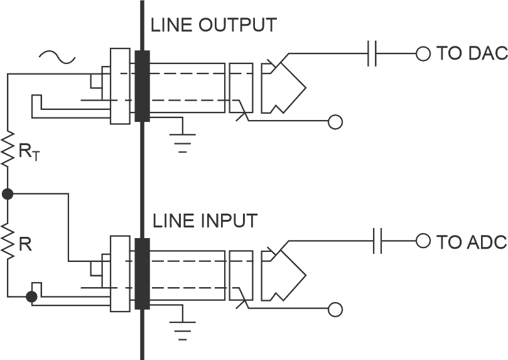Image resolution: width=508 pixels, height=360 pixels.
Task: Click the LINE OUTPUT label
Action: (x=213, y=26)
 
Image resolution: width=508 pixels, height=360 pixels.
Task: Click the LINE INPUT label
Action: (x=205, y=221)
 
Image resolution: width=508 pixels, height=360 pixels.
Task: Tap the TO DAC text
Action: (x=472, y=53)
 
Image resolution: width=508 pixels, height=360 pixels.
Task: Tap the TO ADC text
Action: (x=472, y=241)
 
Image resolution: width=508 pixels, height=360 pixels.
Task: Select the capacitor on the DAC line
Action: (x=372, y=53)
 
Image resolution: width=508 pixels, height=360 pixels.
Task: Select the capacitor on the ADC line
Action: (x=377, y=241)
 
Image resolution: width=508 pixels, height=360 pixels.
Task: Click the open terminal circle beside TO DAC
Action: (x=423, y=53)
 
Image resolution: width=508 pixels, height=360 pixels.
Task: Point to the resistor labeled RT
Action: (x=8, y=149)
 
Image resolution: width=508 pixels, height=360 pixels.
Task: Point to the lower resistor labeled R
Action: (x=8, y=242)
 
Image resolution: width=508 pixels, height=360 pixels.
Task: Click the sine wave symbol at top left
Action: (x=57, y=58)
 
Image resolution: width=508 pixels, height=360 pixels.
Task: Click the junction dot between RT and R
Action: (x=8, y=194)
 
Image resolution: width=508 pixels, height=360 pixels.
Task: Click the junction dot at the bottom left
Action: (x=31, y=297)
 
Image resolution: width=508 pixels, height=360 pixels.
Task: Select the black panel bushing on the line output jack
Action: (x=141, y=87)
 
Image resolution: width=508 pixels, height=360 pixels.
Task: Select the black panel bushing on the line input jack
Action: (x=142, y=274)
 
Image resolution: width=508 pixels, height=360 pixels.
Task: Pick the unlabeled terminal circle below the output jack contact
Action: (x=336, y=122)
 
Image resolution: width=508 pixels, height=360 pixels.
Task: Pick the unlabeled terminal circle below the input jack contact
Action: (x=336, y=309)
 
